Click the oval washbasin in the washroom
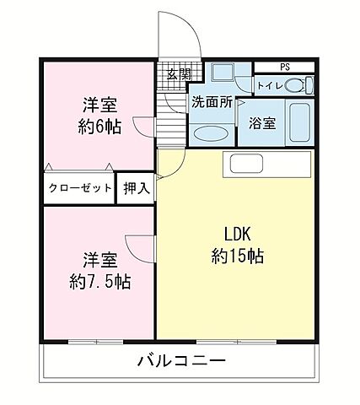[208, 132]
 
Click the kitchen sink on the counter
[244, 165]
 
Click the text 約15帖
[238, 256]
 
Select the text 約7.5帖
[99, 281]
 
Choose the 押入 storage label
[137, 187]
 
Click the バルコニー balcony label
[180, 363]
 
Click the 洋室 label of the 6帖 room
[99, 106]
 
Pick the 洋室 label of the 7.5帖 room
[99, 258]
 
